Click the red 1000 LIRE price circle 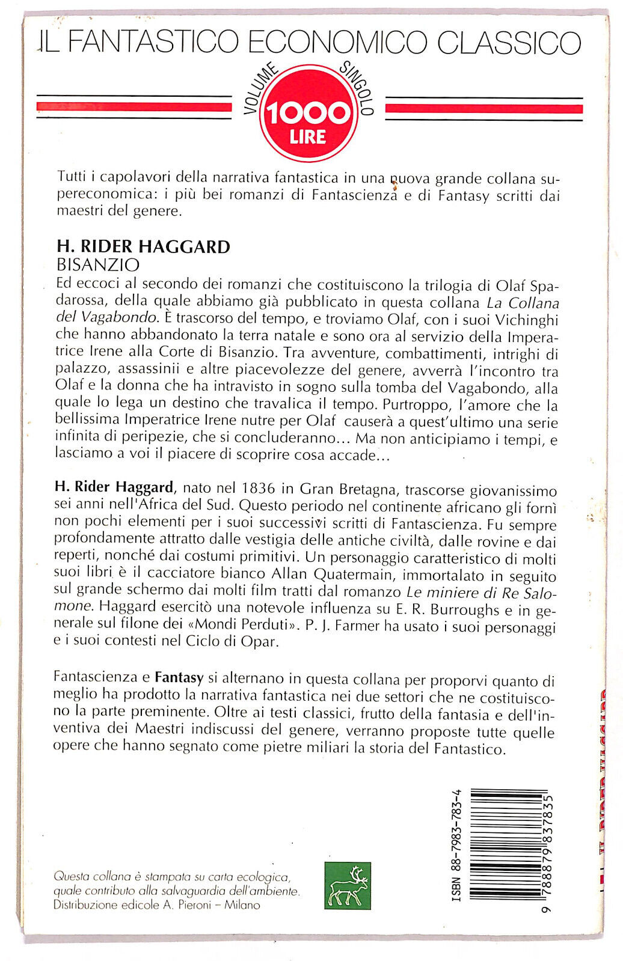(x=308, y=114)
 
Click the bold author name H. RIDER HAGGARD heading (x=143, y=246)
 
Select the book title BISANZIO (x=97, y=264)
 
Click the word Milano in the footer (x=242, y=905)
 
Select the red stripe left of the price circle (x=134, y=107)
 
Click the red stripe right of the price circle (x=483, y=108)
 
